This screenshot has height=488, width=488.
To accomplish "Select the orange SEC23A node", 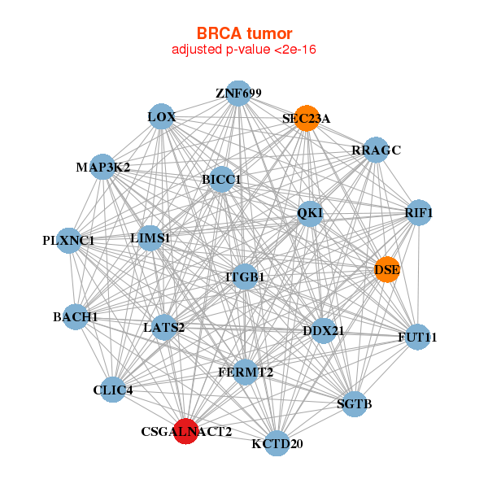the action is [307, 118].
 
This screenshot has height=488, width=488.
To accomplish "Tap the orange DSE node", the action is [386, 269].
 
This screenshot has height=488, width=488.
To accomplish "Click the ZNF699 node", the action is [238, 94].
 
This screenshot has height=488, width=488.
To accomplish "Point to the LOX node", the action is [161, 117].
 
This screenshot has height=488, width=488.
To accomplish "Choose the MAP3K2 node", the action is [102, 168].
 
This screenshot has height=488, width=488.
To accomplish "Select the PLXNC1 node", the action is [69, 241].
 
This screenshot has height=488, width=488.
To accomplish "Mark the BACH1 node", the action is [75, 316].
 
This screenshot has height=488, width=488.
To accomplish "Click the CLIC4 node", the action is [113, 390].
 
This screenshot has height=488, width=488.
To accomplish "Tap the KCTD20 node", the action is [277, 443].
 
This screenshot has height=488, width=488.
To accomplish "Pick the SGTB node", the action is [354, 403].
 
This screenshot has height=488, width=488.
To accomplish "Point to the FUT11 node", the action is [417, 337].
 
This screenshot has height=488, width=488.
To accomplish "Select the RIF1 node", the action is [418, 213].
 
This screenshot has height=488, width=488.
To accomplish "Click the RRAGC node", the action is [376, 150].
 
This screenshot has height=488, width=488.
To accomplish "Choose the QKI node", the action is [310, 213].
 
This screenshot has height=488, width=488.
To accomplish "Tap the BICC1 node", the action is [222, 179].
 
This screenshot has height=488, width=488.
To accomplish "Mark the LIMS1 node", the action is [150, 238].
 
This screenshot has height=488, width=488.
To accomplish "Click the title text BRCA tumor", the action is [244, 33].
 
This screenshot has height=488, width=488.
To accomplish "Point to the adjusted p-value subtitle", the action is [244, 50].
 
